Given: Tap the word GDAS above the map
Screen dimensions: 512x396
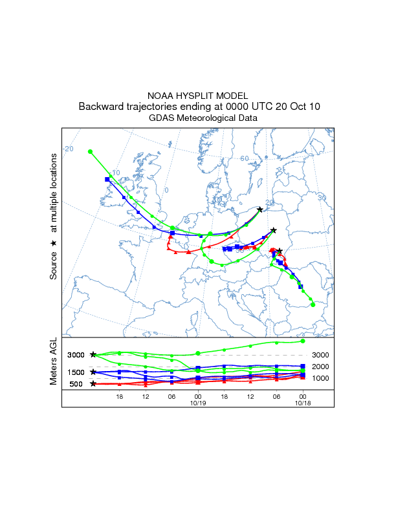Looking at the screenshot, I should (160, 118).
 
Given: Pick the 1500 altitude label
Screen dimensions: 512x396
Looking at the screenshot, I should (76, 372).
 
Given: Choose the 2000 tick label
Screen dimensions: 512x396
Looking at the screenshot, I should (322, 367).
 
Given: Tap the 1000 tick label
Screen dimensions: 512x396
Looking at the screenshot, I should (322, 378).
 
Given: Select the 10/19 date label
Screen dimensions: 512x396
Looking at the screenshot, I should (198, 402).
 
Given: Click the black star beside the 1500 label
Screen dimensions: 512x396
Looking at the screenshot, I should (93, 372).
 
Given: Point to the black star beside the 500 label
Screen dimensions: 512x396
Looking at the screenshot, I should (93, 384).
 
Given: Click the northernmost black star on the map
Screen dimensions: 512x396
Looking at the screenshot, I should (260, 209).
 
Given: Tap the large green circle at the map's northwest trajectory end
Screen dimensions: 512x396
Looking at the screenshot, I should (91, 151).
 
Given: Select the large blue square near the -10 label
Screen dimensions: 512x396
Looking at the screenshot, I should (107, 179).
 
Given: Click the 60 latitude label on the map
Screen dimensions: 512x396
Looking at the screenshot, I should (245, 158).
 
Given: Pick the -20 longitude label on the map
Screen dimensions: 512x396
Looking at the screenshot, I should (68, 149).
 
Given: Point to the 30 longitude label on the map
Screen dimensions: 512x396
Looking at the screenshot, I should (322, 197).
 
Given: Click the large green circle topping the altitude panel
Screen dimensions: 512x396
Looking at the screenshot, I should (303, 341).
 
